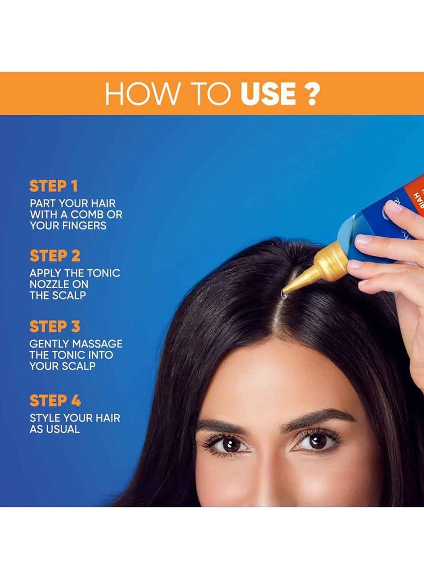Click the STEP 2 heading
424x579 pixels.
click(x=55, y=256)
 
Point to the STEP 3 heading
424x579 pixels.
click(x=55, y=326)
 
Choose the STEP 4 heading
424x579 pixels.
click(x=55, y=401)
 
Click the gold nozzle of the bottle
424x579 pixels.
click(x=318, y=268)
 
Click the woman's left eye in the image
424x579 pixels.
click(x=229, y=443)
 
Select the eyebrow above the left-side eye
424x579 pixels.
click(x=223, y=425)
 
